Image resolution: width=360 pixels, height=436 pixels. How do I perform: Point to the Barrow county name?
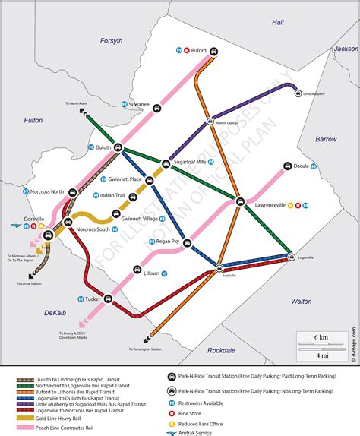coord(326,139)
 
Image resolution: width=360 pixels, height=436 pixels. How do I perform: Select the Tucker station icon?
coord(106,300)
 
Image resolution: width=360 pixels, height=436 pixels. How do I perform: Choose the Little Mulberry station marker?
coord(295,94)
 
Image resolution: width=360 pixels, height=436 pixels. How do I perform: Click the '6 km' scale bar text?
coord(318,336)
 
